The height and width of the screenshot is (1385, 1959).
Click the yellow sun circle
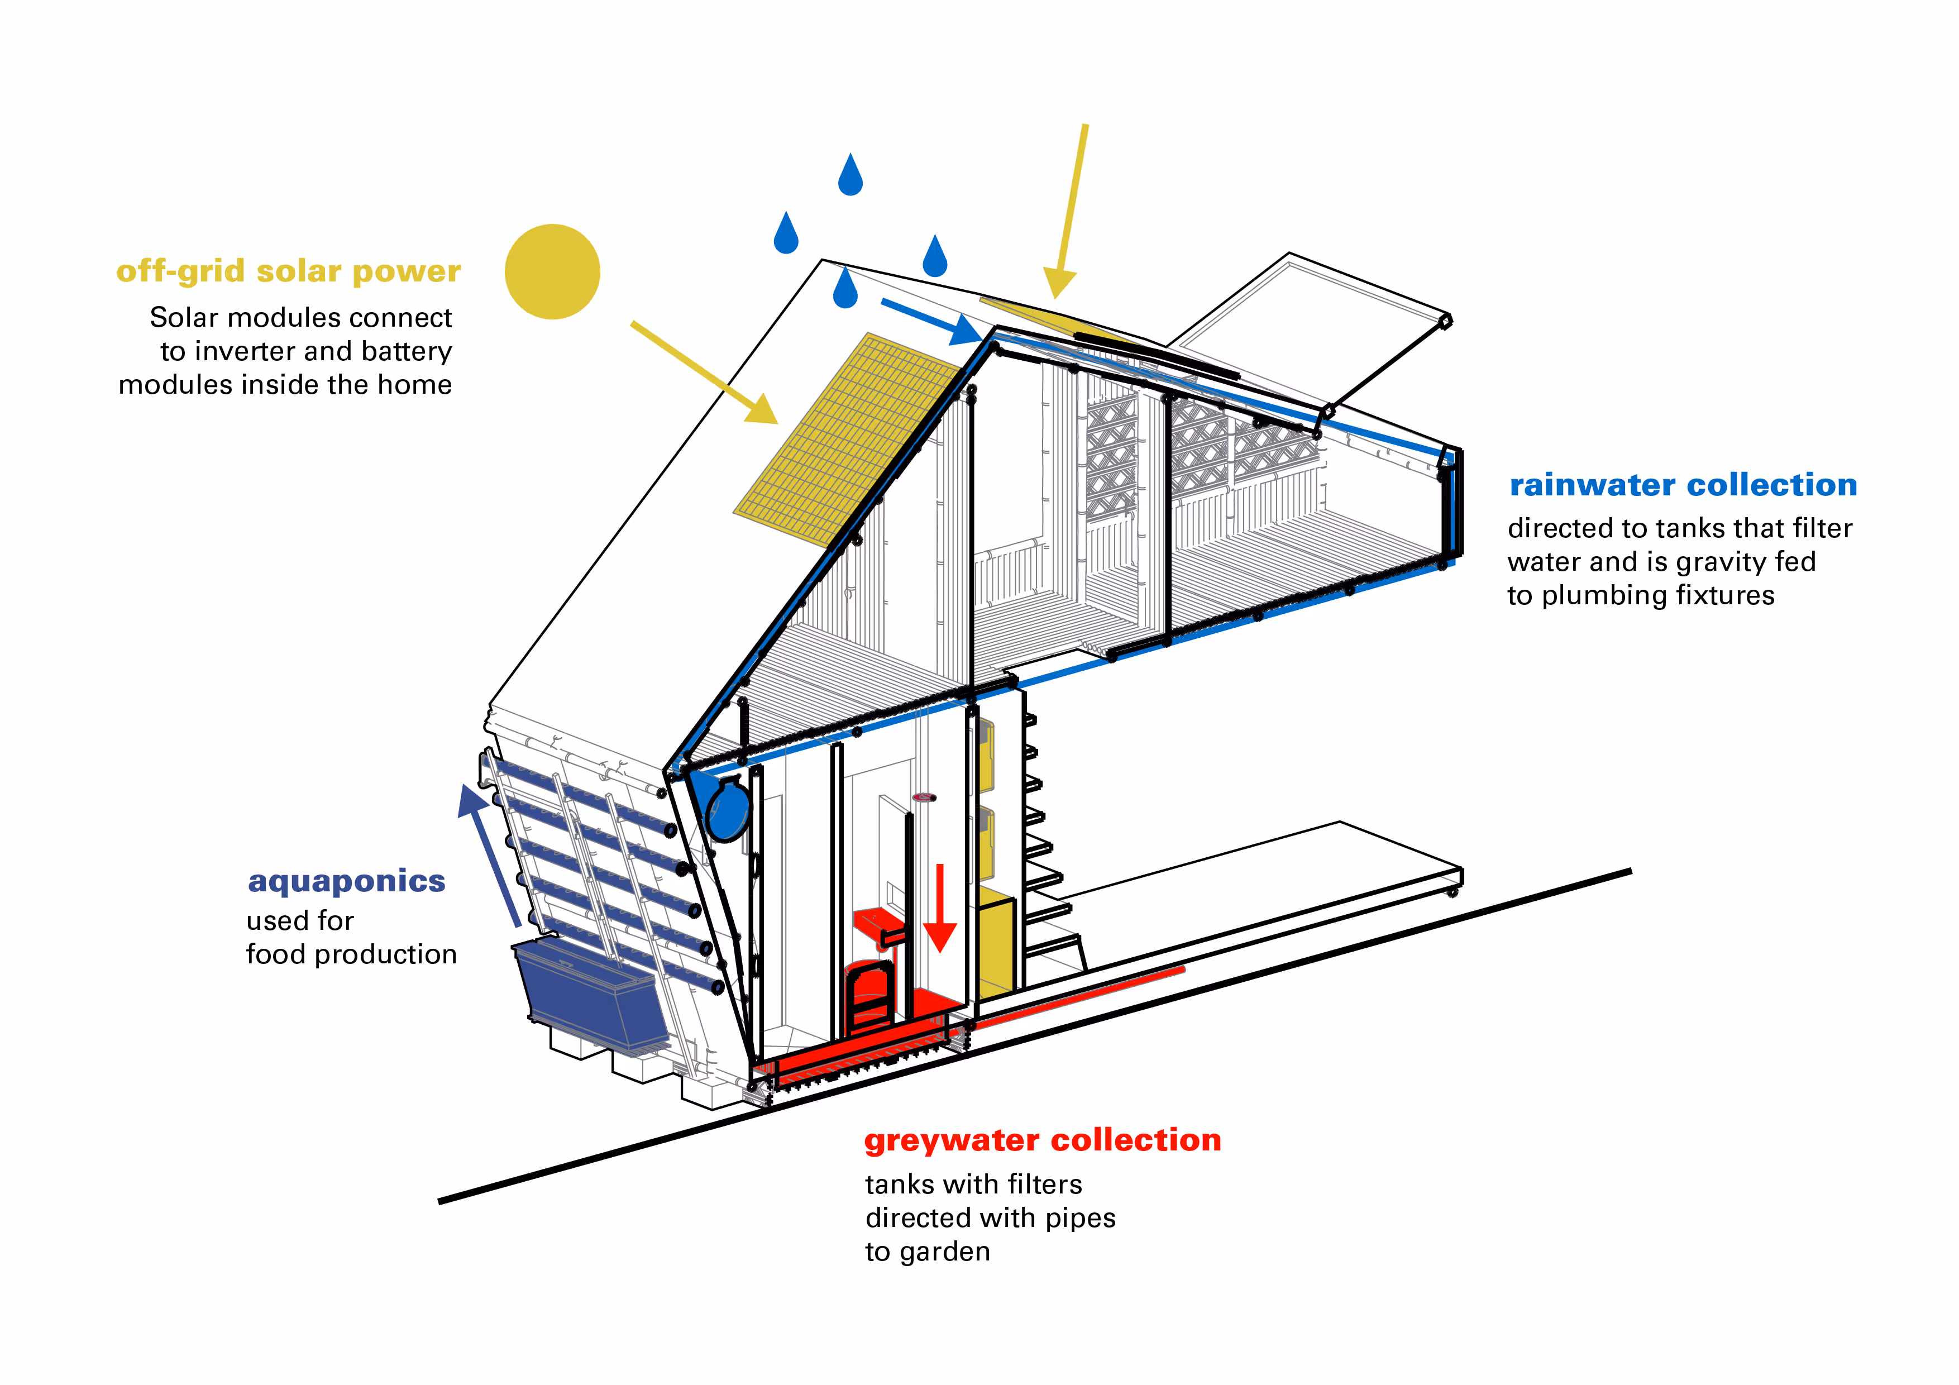tap(552, 271)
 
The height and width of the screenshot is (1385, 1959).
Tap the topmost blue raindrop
tap(850, 176)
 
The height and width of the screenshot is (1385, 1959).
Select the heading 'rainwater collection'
tap(1683, 485)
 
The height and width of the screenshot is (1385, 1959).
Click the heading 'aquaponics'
tap(346, 881)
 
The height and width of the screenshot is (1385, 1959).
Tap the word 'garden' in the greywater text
tap(945, 1252)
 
